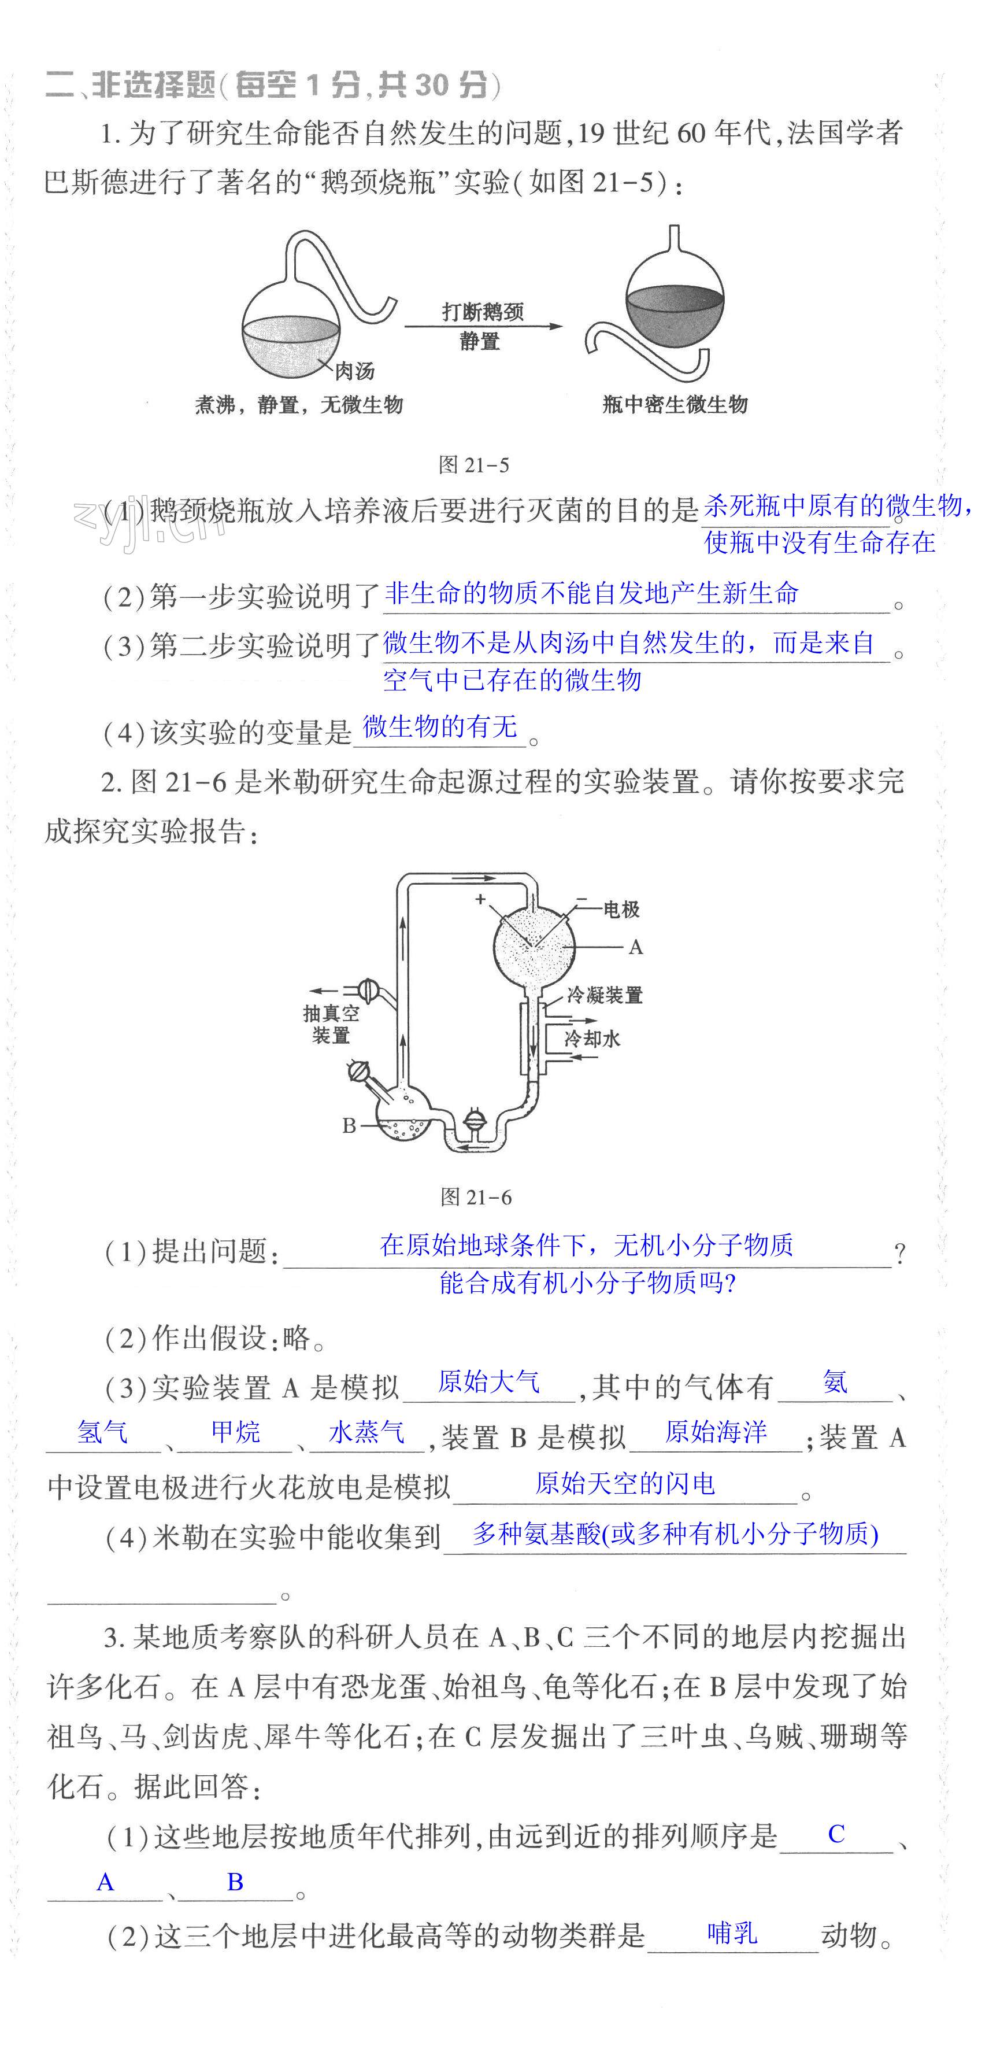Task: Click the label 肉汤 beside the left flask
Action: [x=354, y=371]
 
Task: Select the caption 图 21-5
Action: [x=474, y=465]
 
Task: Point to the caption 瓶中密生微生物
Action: [x=675, y=404]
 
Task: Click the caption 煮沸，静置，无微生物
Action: [x=299, y=405]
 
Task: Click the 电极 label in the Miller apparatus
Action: [x=621, y=909]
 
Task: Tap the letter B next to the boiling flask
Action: [x=349, y=1126]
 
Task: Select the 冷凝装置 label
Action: [x=605, y=995]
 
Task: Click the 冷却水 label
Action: [x=592, y=1039]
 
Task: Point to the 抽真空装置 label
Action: [x=331, y=1024]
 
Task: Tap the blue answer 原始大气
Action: [x=489, y=1381]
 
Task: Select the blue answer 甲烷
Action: [x=236, y=1432]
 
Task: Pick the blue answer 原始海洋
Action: [x=716, y=1432]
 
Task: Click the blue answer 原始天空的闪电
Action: [x=625, y=1484]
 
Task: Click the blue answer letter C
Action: [x=836, y=1834]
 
